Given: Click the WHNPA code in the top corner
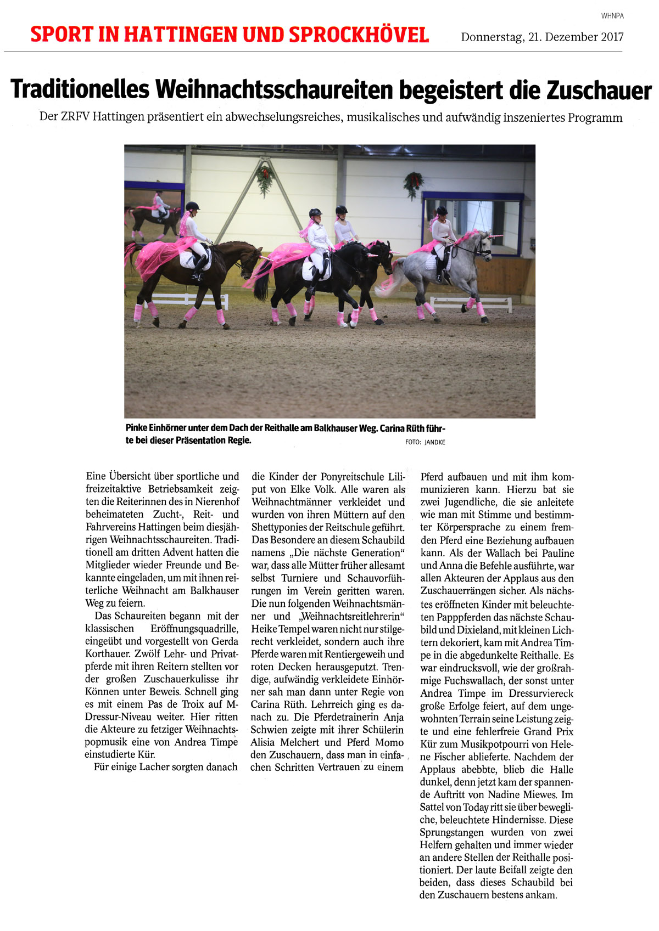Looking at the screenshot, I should pyautogui.click(x=612, y=16).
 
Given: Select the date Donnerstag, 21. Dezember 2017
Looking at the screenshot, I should pyautogui.click(x=542, y=37).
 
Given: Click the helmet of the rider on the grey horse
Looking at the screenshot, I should pyautogui.click(x=441, y=211).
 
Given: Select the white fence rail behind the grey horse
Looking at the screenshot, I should pyautogui.click(x=472, y=302).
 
